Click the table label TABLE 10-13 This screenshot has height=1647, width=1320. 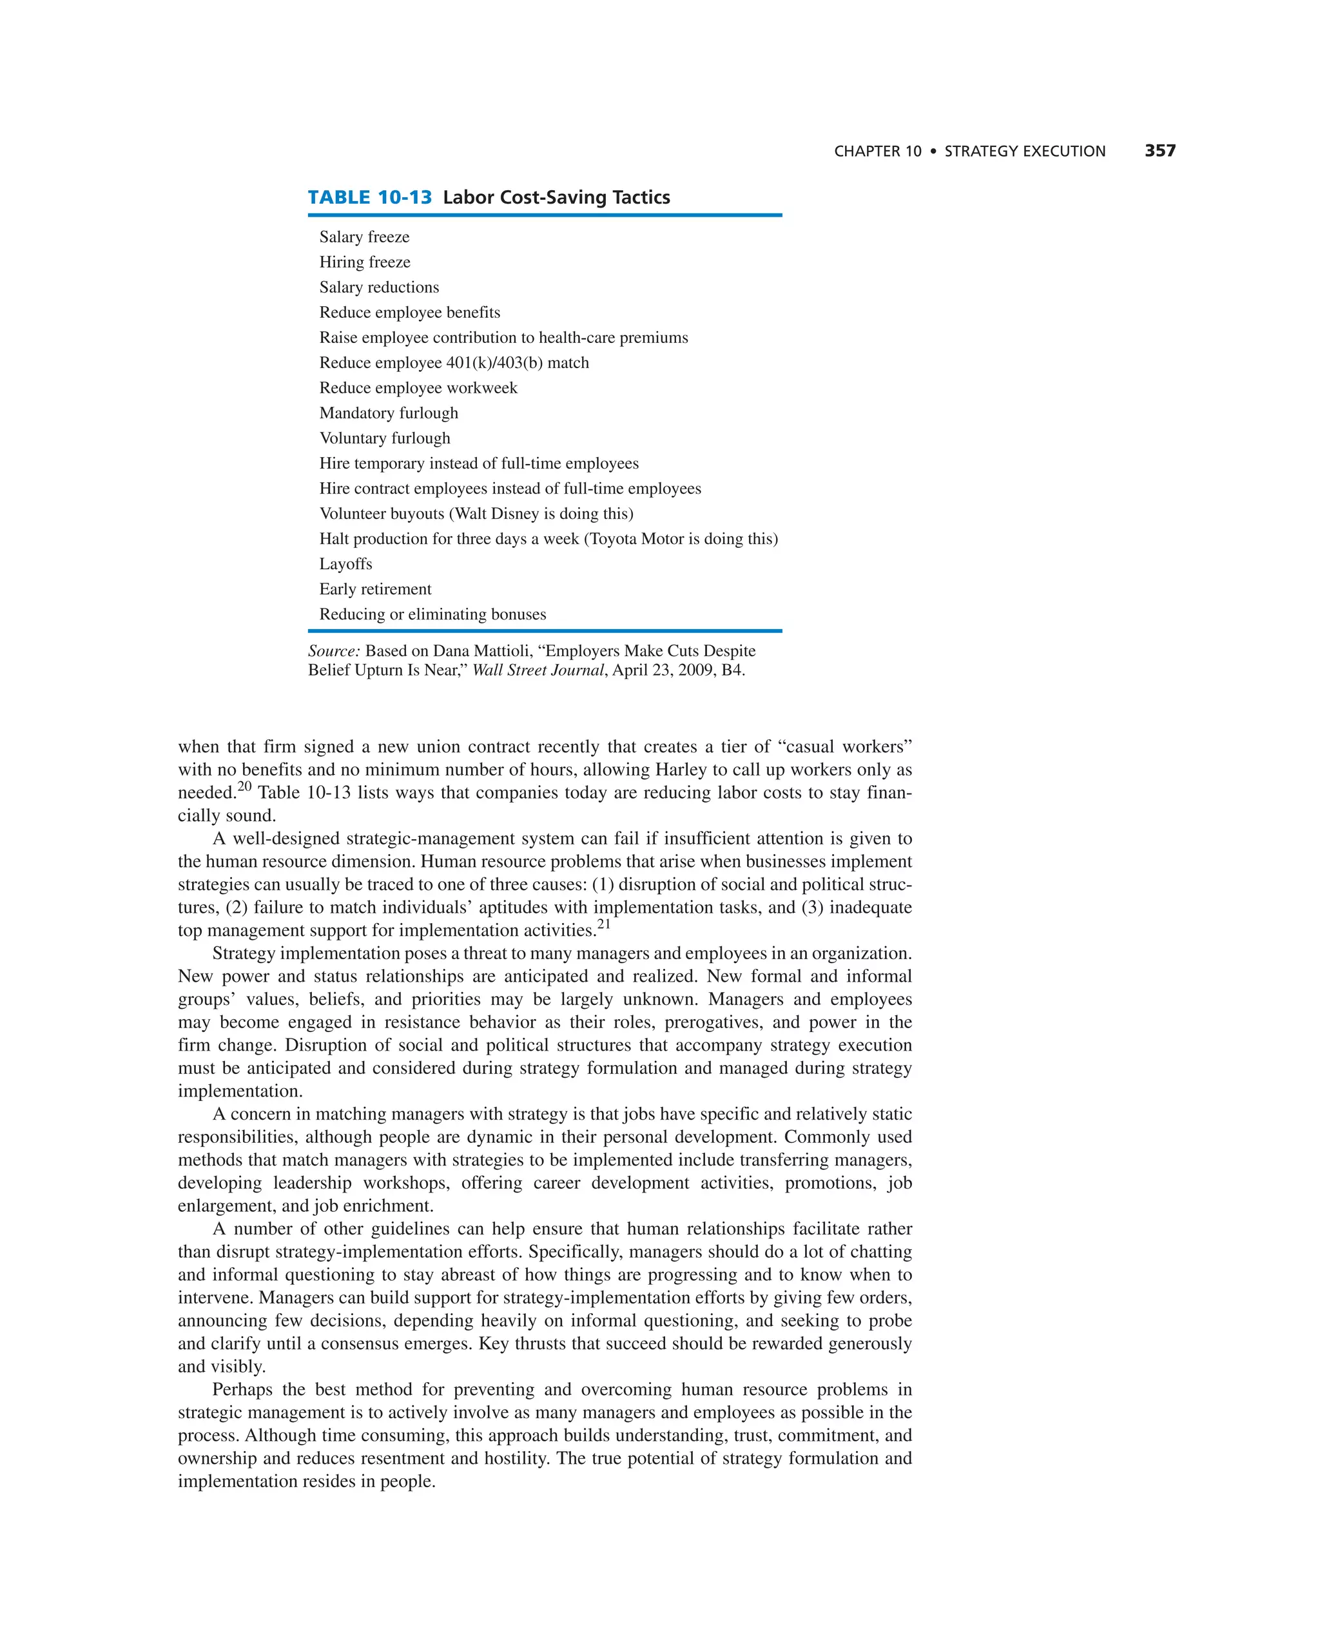(x=370, y=197)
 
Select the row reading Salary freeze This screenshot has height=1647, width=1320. (x=364, y=237)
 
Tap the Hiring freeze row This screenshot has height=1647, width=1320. (x=364, y=262)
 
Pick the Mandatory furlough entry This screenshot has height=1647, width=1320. (x=389, y=413)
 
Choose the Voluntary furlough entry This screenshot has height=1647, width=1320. (x=385, y=438)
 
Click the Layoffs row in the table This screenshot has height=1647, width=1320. (x=346, y=564)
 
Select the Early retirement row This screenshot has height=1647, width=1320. (x=375, y=589)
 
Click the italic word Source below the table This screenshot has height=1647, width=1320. (x=333, y=651)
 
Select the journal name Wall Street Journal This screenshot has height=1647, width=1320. (x=538, y=670)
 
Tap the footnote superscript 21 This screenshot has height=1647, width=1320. (x=603, y=924)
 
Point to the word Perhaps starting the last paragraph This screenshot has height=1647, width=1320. (x=242, y=1390)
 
